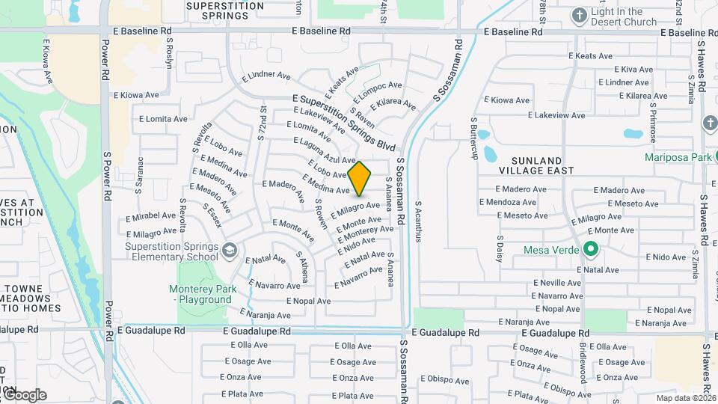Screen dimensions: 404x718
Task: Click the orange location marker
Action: pyautogui.click(x=360, y=178)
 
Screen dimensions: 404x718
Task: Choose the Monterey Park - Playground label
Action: pyautogui.click(x=203, y=294)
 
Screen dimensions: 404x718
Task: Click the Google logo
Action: pyautogui.click(x=24, y=394)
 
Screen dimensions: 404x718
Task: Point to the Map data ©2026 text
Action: pyautogui.click(x=686, y=398)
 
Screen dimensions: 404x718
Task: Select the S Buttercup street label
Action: pyautogui.click(x=473, y=138)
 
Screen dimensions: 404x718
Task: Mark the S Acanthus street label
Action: pyautogui.click(x=419, y=221)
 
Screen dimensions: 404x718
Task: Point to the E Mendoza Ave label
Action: pyautogui.click(x=507, y=202)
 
